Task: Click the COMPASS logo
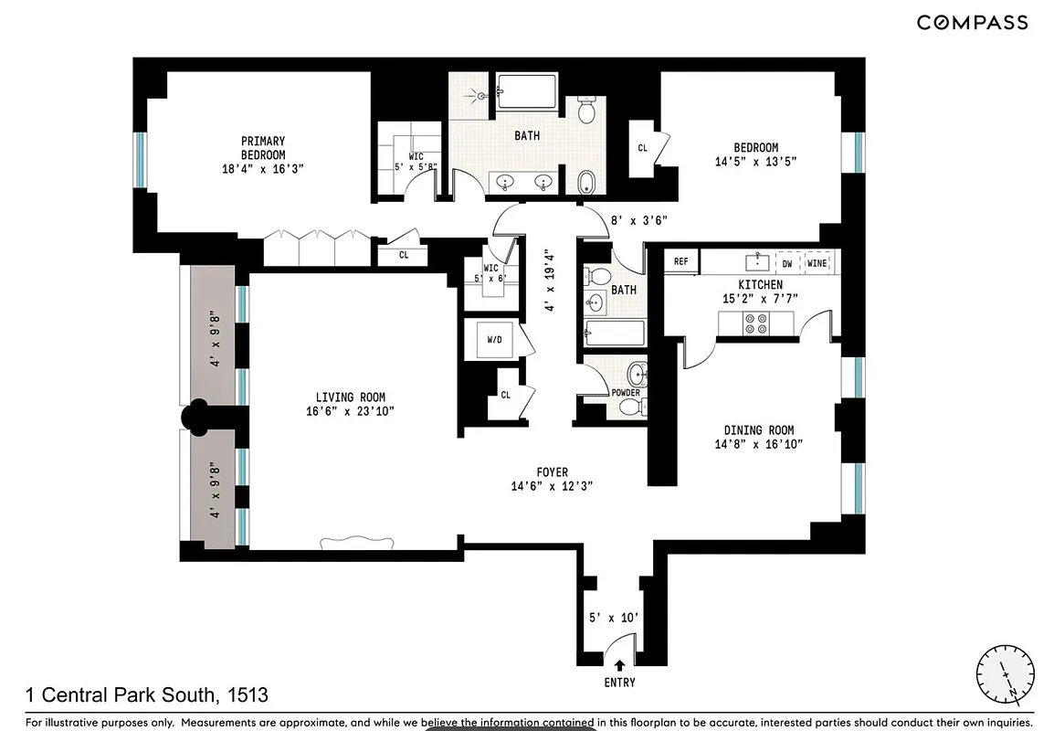[x=972, y=23]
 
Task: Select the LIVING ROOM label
[x=350, y=405]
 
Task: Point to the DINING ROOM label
[x=758, y=437]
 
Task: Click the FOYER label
[x=552, y=479]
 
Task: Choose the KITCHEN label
[x=760, y=291]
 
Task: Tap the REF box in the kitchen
[x=681, y=261]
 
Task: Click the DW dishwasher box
[x=787, y=263]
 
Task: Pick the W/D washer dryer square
[x=494, y=340]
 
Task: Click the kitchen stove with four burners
[x=757, y=323]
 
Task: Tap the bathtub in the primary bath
[x=526, y=92]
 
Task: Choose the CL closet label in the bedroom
[x=643, y=148]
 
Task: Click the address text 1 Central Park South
[x=147, y=695]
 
